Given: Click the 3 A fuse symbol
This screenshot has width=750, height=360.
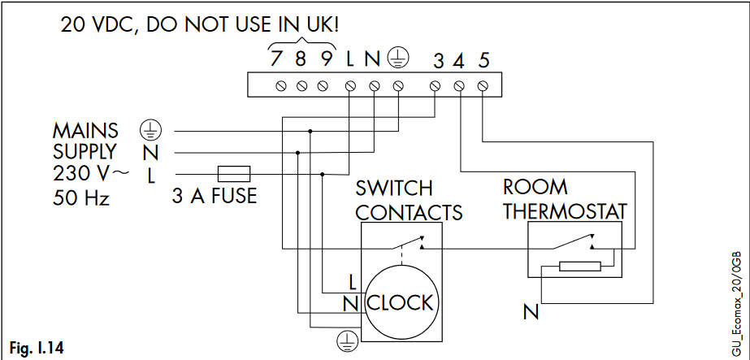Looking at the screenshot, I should click(x=233, y=173).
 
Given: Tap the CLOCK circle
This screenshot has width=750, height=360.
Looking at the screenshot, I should click(x=399, y=302).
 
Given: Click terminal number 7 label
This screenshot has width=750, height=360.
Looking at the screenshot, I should click(x=277, y=59).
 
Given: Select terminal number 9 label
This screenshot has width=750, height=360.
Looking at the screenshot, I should click(x=326, y=59).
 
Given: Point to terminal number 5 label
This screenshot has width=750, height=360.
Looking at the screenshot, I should click(x=483, y=60).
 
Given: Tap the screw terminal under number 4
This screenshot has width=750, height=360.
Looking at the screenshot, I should click(x=459, y=85).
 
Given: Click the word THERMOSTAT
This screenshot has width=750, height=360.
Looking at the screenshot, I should click(x=565, y=211).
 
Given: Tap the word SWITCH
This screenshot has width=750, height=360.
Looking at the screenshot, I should click(x=394, y=189).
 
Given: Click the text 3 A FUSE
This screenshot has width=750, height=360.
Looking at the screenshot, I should click(x=215, y=196).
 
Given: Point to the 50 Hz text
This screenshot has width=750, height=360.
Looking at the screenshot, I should click(x=81, y=197).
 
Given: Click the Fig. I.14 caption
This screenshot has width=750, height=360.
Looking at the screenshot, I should click(x=35, y=349).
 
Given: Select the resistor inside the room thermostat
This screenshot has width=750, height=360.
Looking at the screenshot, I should click(x=579, y=266).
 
